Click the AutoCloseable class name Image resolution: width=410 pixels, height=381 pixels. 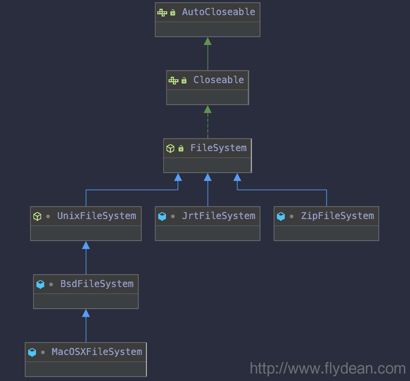coord(218,12)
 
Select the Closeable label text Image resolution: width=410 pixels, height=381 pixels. coord(218,80)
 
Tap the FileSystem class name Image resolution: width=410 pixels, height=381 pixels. coord(218,148)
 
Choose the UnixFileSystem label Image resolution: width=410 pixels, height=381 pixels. coord(97,216)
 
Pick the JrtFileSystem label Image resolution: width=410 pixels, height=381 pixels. coord(218,216)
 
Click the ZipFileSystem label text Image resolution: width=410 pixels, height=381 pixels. coord(338,216)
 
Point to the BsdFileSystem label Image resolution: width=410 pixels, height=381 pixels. coord(97,284)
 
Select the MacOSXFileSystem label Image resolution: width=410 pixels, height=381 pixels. coord(97,352)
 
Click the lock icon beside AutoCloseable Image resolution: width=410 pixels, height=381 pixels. coord(172,12)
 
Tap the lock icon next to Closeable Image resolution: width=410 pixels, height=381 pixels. coord(184,80)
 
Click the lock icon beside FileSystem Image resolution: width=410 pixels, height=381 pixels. coord(181,149)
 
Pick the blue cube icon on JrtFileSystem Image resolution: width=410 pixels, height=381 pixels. coord(162,216)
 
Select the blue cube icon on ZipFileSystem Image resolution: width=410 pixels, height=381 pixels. coord(281,216)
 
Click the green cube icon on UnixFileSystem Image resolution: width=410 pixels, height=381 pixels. coord(37,216)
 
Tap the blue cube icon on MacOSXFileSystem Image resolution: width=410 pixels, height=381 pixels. coord(32,352)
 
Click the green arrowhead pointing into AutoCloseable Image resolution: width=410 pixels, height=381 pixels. coord(208,41)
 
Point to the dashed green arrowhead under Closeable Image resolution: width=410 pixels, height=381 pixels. coord(208,109)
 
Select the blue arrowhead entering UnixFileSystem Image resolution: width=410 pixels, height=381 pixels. coord(86,245)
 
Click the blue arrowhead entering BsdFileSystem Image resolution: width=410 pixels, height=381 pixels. coord(86,313)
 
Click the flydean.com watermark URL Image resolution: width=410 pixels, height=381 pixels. coord(328,368)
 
